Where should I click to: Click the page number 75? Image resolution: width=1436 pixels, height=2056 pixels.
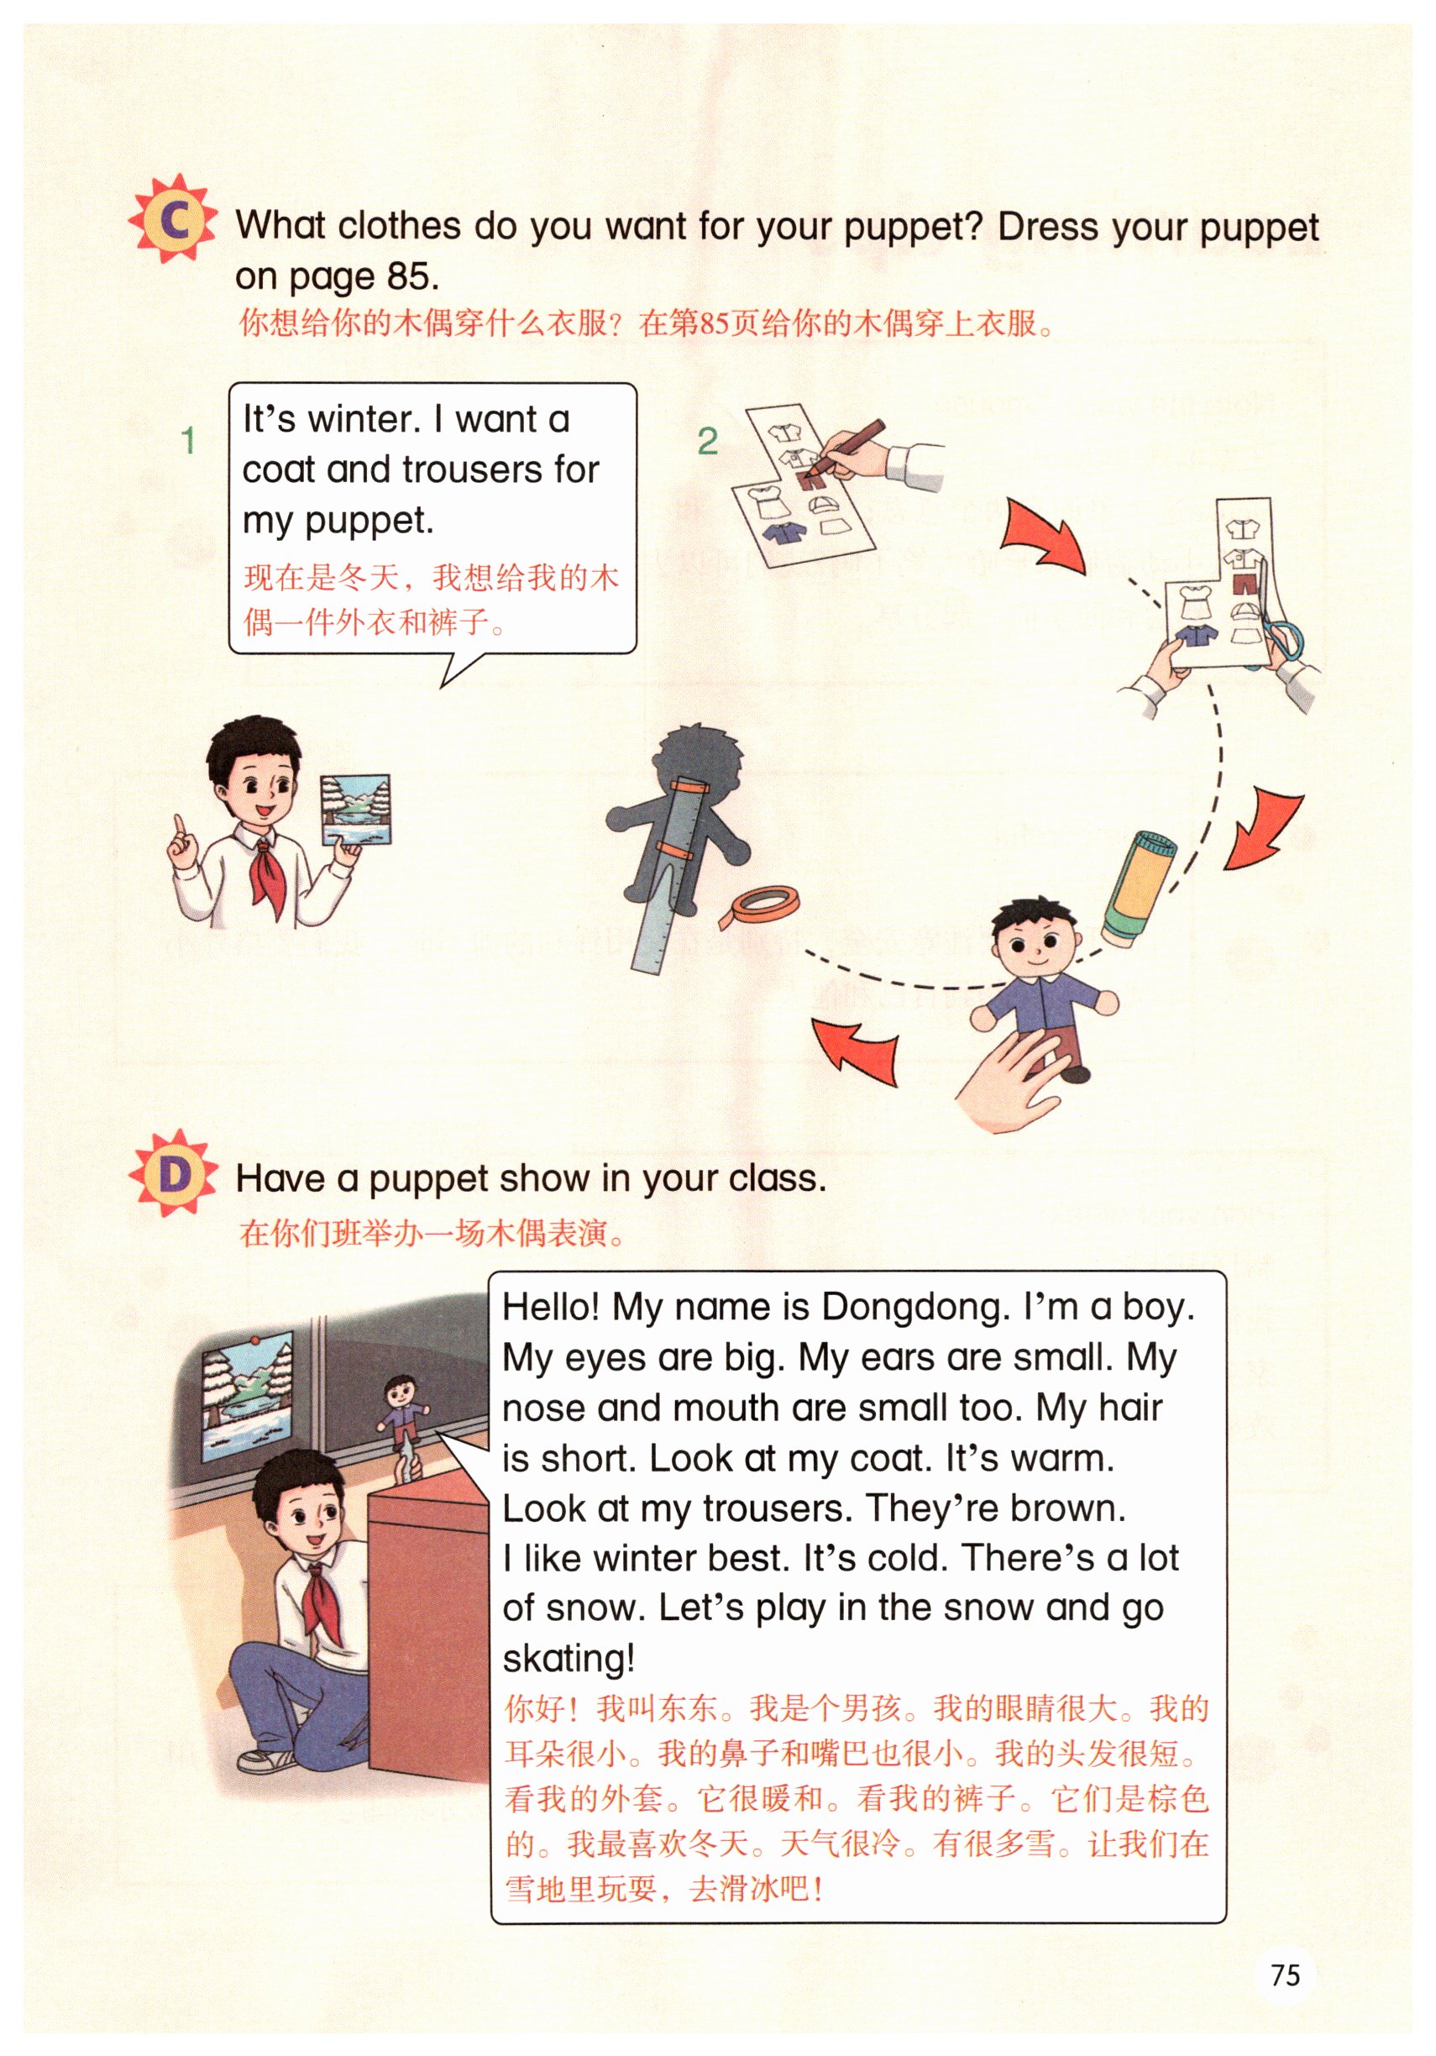coord(1285,1975)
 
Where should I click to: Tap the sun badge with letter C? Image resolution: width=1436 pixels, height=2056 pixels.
coord(173,218)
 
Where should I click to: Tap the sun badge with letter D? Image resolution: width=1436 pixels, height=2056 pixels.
coord(173,1173)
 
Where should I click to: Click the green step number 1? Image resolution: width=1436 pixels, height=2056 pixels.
coord(188,441)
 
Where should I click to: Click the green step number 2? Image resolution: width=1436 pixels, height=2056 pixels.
coord(707,441)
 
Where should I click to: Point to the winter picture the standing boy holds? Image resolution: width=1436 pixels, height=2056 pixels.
coord(356,810)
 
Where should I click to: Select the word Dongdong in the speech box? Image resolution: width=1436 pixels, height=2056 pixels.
coord(915,1309)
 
